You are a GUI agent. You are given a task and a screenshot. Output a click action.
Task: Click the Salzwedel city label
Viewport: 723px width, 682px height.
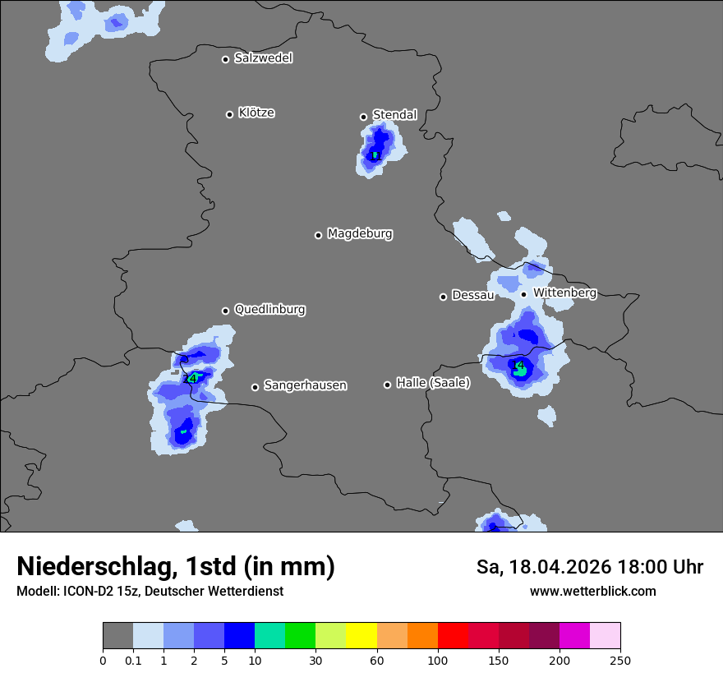(263, 58)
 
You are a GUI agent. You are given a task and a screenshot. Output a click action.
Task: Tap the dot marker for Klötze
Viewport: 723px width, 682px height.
(229, 114)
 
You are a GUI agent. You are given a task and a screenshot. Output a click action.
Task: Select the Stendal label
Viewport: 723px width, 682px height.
(394, 115)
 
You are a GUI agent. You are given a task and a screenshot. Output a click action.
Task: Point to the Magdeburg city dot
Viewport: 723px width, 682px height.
(318, 235)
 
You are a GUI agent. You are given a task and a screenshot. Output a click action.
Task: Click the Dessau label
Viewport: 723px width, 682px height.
(472, 295)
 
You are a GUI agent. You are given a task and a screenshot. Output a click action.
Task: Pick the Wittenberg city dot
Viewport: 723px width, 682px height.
(523, 294)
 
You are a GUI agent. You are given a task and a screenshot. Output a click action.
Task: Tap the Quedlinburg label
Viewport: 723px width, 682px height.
(269, 310)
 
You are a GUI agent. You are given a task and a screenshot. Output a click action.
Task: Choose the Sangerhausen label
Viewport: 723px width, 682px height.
(305, 385)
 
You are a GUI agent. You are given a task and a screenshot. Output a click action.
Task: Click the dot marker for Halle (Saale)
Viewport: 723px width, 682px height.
(387, 385)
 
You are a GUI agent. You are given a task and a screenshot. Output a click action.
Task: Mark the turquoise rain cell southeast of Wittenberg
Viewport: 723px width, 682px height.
(521, 371)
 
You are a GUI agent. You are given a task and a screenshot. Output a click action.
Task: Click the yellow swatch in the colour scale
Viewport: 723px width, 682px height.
(361, 636)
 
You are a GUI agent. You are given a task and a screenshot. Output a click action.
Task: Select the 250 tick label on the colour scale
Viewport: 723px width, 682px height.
(620, 661)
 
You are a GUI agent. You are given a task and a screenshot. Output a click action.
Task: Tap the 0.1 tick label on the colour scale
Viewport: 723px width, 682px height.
(133, 661)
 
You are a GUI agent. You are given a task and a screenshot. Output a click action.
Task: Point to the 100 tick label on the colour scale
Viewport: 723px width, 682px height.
(438, 661)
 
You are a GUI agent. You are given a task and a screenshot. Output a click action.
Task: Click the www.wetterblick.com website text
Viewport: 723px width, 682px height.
(592, 592)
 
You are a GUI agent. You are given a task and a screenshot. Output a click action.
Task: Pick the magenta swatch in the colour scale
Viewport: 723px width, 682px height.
(574, 636)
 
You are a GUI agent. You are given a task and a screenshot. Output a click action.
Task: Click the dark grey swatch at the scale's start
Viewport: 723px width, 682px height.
(117, 636)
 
